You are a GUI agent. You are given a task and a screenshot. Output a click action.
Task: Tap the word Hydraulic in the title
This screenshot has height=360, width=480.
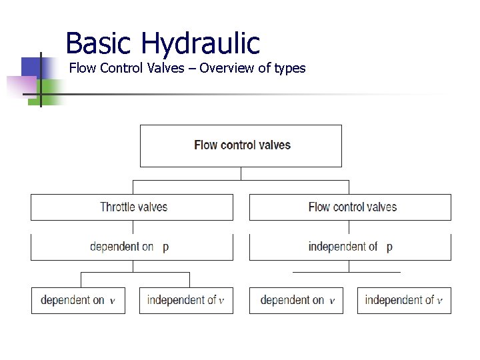200,45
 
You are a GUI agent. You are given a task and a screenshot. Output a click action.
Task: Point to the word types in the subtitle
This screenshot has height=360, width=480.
289,69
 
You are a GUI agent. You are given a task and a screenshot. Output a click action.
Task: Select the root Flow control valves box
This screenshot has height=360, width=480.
241,145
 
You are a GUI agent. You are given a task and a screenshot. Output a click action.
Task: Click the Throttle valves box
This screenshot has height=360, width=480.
132,207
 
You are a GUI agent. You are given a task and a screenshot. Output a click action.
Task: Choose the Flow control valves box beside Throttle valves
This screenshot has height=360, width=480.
350,207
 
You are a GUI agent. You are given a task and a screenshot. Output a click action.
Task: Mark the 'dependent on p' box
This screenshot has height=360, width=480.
132,247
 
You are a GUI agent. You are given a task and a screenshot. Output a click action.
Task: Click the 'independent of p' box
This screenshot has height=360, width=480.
350,247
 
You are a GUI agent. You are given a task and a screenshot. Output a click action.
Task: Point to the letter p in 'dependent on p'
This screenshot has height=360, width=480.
165,247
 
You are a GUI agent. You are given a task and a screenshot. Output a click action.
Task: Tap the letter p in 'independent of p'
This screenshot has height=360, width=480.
389,247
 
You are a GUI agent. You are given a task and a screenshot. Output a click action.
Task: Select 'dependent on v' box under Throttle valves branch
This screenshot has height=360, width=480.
78,300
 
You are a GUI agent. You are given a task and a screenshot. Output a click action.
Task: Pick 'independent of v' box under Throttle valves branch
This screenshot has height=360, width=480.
186,300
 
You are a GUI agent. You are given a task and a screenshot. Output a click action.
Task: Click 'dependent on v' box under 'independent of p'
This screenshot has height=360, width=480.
296,300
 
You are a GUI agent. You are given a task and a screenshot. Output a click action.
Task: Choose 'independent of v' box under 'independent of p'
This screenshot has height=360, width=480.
404,300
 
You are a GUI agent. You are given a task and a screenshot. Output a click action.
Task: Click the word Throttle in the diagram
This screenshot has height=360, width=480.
117,207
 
